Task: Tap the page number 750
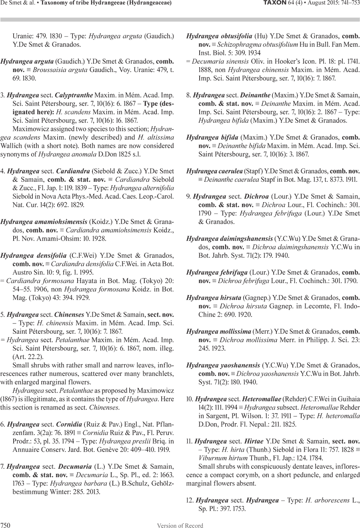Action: pyautogui.click(x=5, y=525)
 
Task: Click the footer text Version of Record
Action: pyautogui.click(x=180, y=525)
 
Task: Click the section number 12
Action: pyautogui.click(x=190, y=500)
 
